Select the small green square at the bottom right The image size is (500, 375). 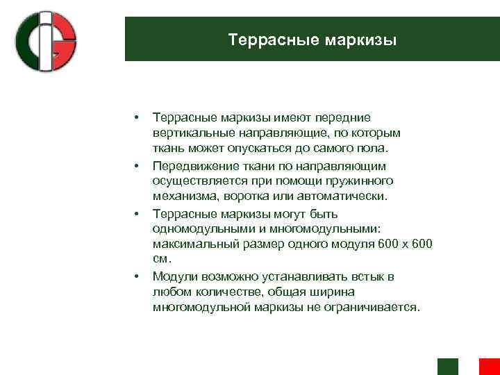447,367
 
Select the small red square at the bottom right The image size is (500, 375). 489,367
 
